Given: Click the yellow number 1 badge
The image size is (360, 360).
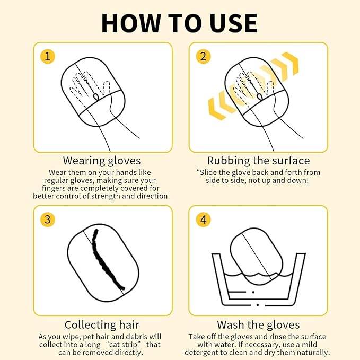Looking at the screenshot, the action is coord(48,57).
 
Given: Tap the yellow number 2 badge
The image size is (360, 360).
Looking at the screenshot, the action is coord(203,57).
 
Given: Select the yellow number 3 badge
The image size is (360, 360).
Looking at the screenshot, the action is coord(48,219).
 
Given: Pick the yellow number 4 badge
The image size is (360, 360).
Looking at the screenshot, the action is coord(203,219).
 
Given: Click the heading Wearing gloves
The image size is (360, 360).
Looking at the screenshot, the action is coord(102,161).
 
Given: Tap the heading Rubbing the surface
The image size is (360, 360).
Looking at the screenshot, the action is coord(258,161).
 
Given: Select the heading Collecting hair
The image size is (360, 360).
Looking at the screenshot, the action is coord(102,324).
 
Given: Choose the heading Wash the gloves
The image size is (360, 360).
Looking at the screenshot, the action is coord(258,324).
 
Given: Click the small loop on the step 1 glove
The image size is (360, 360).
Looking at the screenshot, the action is coord(96,96).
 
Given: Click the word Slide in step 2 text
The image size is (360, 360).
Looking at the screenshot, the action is coord(208,172).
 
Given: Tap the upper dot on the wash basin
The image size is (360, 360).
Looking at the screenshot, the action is coord(253,292).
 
